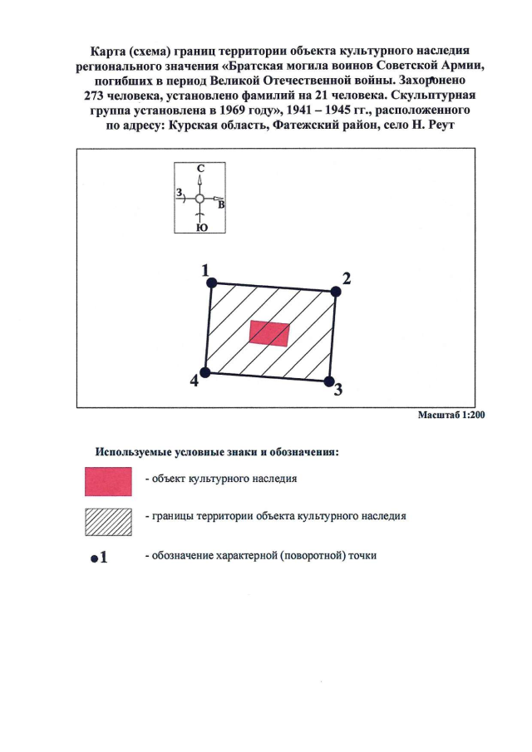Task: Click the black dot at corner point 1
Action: point(211,283)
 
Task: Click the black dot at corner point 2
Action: point(336,292)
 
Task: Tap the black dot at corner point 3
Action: point(328,381)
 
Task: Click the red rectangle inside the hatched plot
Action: point(270,333)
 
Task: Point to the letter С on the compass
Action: point(200,167)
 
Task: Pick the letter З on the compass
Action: point(179,193)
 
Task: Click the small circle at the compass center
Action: point(199,199)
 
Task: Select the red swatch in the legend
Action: point(109,479)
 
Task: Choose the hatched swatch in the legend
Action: point(109,520)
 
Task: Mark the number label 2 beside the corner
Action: point(347,278)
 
